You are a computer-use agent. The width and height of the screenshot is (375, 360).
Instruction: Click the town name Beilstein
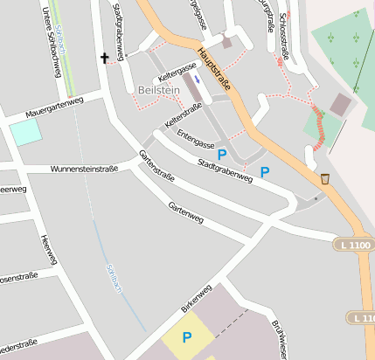pyautogui.click(x=158, y=89)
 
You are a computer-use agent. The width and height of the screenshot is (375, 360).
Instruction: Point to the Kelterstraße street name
pyautogui.click(x=184, y=114)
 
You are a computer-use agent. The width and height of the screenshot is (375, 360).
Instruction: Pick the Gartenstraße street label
pyautogui.click(x=156, y=166)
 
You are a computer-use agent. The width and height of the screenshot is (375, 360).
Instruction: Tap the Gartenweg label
pyautogui.click(x=185, y=211)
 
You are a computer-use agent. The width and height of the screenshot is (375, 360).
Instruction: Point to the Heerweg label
pyautogui.click(x=49, y=250)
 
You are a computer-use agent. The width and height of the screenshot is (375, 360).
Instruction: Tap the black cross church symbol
pyautogui.click(x=106, y=59)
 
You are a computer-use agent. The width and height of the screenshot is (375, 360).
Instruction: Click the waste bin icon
pyautogui.click(x=325, y=178)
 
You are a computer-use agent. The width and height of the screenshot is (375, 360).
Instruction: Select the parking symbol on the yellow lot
pyautogui.click(x=186, y=336)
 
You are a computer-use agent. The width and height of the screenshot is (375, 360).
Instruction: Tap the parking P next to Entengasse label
pyautogui.click(x=222, y=155)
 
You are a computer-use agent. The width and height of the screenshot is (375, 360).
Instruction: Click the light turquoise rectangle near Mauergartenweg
pyautogui.click(x=24, y=132)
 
